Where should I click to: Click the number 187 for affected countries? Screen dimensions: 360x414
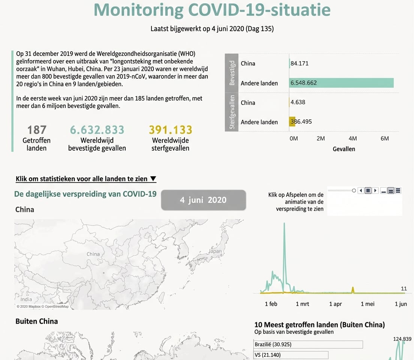click(x=37, y=130)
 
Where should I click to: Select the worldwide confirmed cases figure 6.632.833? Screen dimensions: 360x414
click(x=97, y=130)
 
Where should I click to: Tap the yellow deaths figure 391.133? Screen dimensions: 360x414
click(x=170, y=130)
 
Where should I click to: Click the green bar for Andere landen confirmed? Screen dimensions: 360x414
click(x=341, y=83)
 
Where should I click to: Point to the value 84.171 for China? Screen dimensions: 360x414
click(x=299, y=63)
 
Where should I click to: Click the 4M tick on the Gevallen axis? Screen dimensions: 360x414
click(x=352, y=138)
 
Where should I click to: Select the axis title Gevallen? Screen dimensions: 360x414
click(x=343, y=149)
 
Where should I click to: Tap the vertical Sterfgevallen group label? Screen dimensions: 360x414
click(x=232, y=112)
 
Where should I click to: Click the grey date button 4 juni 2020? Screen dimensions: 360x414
click(x=203, y=200)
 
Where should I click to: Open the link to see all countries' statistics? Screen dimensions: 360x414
click(x=86, y=179)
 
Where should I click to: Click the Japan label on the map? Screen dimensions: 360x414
click(x=215, y=251)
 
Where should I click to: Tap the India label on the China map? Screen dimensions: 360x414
click(x=26, y=299)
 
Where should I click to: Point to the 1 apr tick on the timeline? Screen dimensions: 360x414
click(x=335, y=304)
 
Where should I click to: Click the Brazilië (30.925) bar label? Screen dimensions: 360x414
click(x=273, y=344)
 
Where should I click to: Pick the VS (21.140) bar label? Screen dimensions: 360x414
click(x=268, y=355)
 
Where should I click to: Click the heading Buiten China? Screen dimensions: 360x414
click(x=37, y=321)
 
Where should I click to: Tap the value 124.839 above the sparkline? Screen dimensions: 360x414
click(x=402, y=339)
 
